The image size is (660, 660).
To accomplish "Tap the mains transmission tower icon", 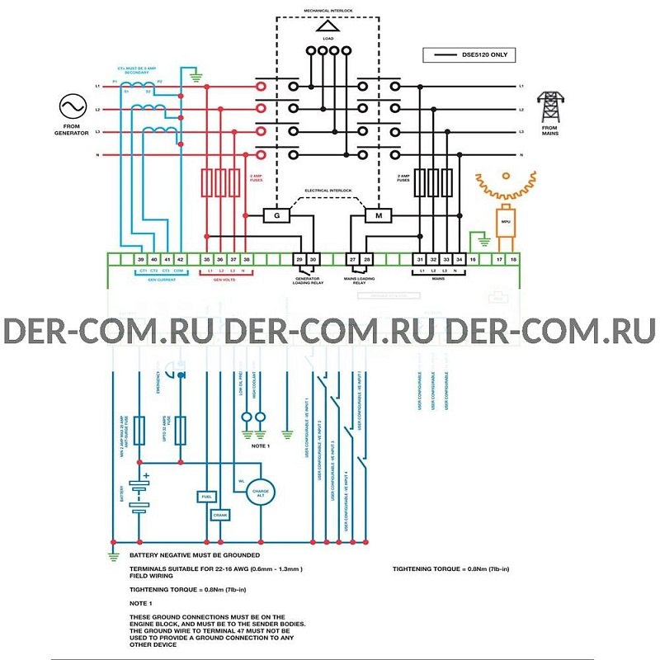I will tap(549, 106).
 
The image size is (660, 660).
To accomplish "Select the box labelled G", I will tap(276, 216).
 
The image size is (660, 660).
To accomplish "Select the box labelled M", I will tap(379, 216).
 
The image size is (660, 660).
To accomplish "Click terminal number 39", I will tap(141, 259).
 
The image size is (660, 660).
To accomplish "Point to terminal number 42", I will tap(181, 259).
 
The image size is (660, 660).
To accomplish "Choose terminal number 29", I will tap(299, 259).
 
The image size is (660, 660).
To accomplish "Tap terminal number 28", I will tap(367, 259).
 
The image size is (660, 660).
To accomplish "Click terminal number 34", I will tap(460, 259).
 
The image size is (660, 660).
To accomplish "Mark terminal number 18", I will tap(512, 259).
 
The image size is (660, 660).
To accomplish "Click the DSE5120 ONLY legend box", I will tap(469, 55).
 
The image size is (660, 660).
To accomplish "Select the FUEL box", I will tap(206, 497).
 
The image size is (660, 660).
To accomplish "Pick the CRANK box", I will tap(219, 515).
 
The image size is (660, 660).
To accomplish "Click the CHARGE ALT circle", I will tap(260, 492).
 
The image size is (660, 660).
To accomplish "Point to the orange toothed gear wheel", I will tap(506, 186).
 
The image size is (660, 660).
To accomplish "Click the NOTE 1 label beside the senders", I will tap(261, 445).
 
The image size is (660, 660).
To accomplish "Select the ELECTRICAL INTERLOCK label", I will tap(328, 191).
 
